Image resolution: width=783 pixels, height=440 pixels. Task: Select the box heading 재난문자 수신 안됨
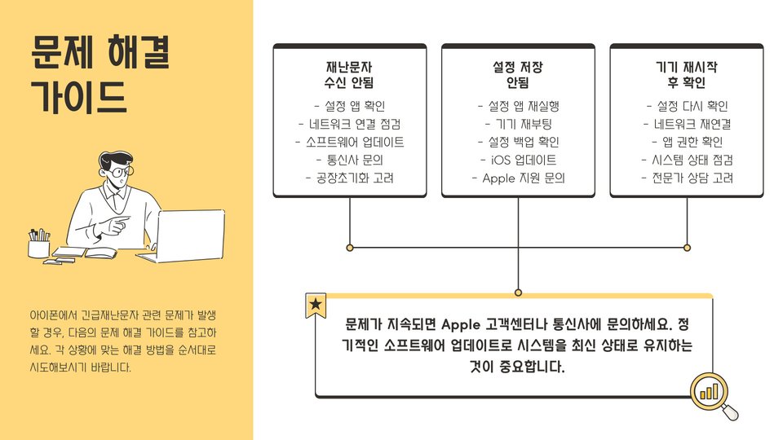[x=349, y=74]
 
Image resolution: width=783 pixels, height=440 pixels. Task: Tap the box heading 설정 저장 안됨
[x=518, y=74]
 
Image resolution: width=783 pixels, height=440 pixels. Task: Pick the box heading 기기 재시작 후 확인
[x=687, y=74]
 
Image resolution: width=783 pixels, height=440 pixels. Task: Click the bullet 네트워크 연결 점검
[x=349, y=124]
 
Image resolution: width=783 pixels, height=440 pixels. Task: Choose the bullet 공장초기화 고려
[x=349, y=178]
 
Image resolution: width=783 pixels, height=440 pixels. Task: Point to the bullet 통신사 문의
[x=349, y=160]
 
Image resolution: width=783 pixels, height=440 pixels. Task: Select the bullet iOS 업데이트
[x=518, y=160]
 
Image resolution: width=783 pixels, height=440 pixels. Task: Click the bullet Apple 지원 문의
[x=518, y=178]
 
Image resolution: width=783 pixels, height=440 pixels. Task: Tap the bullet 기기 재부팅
[x=518, y=124]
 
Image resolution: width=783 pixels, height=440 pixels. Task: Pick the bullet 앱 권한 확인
[x=687, y=142]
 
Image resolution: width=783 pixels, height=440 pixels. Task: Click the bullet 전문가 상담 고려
[x=687, y=178]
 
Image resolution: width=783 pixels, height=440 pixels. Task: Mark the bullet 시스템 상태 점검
[x=687, y=160]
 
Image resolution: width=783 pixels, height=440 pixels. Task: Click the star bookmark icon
[x=316, y=306]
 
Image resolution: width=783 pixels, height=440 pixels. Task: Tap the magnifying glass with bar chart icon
[x=711, y=394]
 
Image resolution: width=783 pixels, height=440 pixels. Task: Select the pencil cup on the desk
[x=38, y=244]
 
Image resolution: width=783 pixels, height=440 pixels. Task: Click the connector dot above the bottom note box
[x=518, y=292]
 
